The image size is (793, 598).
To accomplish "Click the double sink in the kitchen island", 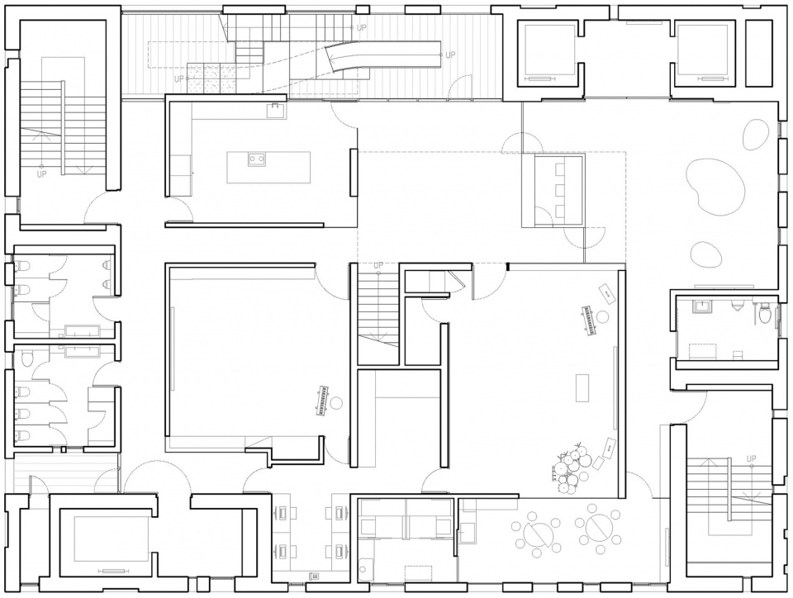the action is click(x=256, y=159).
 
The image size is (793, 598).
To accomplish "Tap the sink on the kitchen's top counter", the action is click(x=277, y=110).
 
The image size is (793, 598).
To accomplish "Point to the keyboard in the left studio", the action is click(x=321, y=401).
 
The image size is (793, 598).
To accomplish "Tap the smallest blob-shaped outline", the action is click(x=706, y=254).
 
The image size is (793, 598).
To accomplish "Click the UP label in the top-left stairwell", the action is click(x=41, y=174).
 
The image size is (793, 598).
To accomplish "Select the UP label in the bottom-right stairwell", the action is click(x=752, y=458).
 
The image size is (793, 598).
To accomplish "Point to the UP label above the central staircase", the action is click(x=378, y=265).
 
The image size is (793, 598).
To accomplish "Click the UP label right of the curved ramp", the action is click(x=450, y=55).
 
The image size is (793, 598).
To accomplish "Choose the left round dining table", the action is click(x=536, y=532).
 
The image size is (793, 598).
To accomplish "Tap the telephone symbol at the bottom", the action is click(x=314, y=576).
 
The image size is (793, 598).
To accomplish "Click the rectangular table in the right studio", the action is click(x=582, y=387).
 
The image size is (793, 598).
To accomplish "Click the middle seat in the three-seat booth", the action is click(x=559, y=190).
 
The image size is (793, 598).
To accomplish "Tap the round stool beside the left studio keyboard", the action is click(x=337, y=403).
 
